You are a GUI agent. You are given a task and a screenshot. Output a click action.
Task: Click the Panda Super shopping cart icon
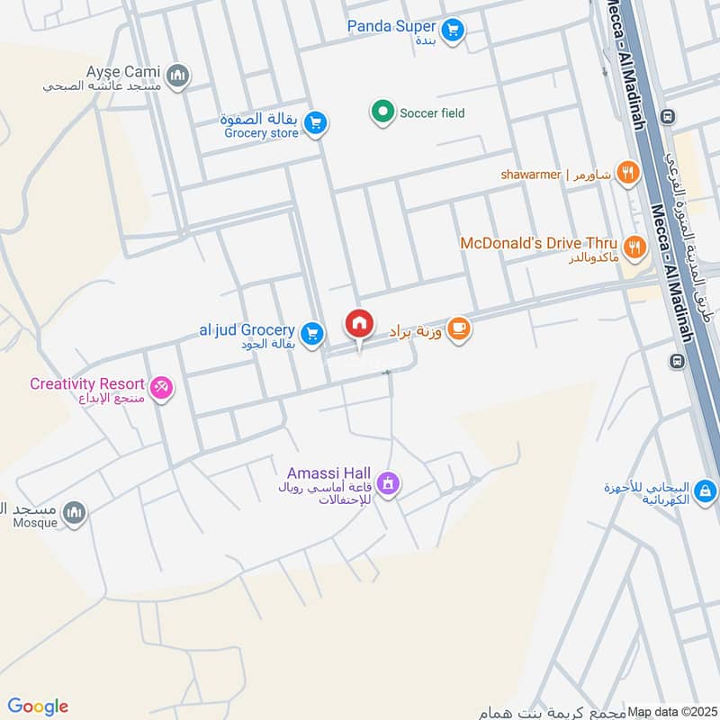[x=454, y=30]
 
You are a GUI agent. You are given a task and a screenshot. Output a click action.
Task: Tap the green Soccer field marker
[x=382, y=113]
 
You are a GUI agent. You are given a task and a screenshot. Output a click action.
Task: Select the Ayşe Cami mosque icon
[x=178, y=74]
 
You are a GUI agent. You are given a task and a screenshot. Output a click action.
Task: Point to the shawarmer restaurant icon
[x=628, y=173]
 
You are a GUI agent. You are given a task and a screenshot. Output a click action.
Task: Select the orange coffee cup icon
[x=459, y=330]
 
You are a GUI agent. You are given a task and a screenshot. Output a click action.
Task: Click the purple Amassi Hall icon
[x=389, y=483]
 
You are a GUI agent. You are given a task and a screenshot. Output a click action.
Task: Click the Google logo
[x=38, y=706]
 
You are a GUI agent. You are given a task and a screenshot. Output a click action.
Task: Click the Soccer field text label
[x=432, y=113]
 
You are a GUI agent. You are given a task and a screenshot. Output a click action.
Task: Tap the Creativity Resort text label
[x=87, y=384]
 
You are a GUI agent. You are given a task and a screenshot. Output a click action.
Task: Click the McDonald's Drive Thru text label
[x=538, y=243]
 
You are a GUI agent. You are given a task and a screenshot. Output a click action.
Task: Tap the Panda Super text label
[x=391, y=26]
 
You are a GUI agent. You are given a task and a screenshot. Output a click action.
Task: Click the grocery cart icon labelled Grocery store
[x=314, y=123]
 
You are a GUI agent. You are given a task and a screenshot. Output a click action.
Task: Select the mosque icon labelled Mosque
[x=75, y=513]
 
